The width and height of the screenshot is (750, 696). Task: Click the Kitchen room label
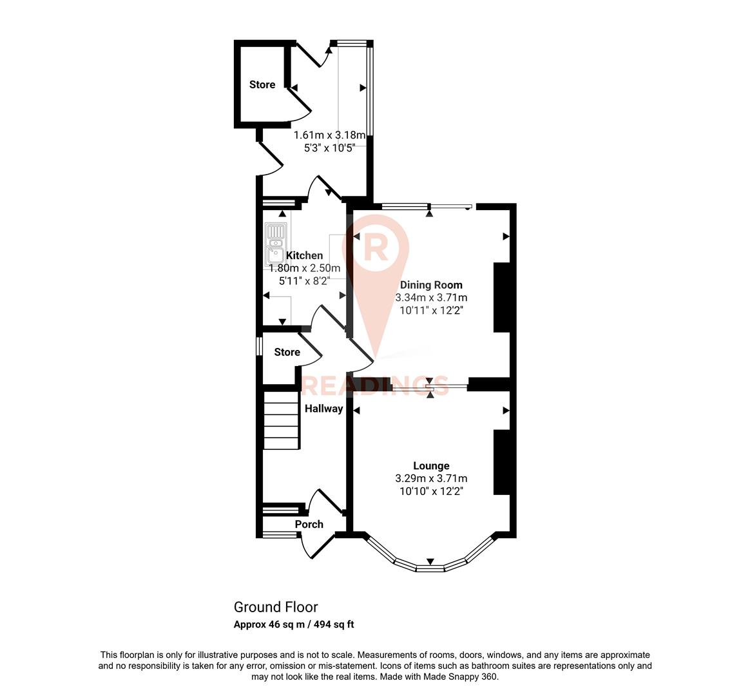click(x=304, y=256)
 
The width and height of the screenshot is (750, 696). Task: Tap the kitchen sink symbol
click(x=275, y=246)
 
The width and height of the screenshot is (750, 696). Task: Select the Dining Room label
click(x=431, y=285)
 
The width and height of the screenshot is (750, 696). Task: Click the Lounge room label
click(x=431, y=466)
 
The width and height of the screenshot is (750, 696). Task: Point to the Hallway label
click(x=323, y=409)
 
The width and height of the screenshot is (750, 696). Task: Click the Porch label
click(x=309, y=525)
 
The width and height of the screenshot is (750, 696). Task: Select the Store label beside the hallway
click(x=287, y=353)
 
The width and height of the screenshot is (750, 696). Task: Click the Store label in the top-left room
click(x=262, y=84)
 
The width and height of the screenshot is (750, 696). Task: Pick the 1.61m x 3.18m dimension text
click(x=329, y=135)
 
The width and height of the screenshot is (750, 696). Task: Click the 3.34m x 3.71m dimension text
click(x=431, y=298)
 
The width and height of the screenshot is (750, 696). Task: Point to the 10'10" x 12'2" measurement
click(x=431, y=491)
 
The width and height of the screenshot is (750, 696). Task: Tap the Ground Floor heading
click(x=276, y=607)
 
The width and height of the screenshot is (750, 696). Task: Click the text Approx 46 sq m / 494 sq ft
click(x=294, y=624)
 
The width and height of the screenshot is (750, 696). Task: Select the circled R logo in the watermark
click(x=376, y=246)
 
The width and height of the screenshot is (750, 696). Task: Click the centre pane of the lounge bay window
click(x=430, y=568)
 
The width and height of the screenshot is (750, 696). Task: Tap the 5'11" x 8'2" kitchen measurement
click(x=304, y=281)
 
